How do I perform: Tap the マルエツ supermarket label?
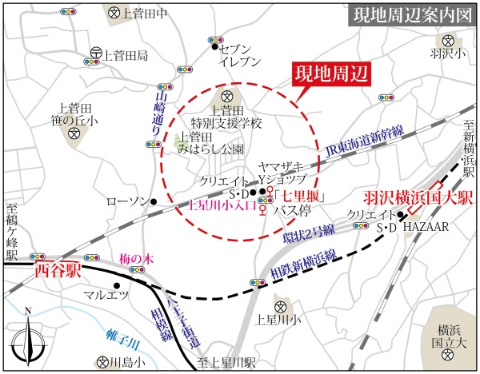[x=107, y=296]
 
